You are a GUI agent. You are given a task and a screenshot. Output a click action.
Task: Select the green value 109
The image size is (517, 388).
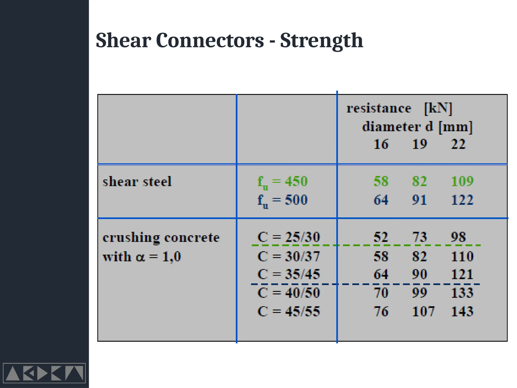(462, 181)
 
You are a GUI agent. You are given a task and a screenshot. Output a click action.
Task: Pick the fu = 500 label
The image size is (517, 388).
(282, 200)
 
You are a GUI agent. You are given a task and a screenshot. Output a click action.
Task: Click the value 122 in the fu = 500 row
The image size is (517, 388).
(462, 200)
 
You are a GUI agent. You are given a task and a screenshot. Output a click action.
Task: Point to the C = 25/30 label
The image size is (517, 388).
(288, 237)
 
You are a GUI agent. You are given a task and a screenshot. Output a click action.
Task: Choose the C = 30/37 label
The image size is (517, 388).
(288, 256)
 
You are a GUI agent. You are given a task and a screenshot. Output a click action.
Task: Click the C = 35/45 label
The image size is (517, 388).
(288, 274)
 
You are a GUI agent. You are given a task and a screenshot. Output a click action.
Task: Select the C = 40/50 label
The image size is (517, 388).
(288, 293)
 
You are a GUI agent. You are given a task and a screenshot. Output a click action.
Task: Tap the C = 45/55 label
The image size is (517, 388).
(288, 311)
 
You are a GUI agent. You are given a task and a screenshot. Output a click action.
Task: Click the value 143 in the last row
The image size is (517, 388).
(462, 311)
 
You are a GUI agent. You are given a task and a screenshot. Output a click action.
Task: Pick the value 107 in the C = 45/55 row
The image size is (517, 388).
(423, 311)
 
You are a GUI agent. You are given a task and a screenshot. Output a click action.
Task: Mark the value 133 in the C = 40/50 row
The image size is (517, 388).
(462, 293)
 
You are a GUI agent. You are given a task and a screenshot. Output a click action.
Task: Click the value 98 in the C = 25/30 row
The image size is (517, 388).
(458, 237)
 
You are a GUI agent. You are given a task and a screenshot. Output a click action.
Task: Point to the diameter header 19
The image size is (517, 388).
(419, 144)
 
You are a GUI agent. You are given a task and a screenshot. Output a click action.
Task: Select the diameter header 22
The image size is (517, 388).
(458, 144)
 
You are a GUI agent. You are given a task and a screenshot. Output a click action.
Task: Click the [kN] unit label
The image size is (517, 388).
(438, 108)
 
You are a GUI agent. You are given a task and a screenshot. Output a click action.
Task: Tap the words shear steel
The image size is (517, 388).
(137, 182)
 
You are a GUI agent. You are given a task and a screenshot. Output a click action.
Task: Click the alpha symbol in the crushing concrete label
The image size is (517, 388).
(140, 257)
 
